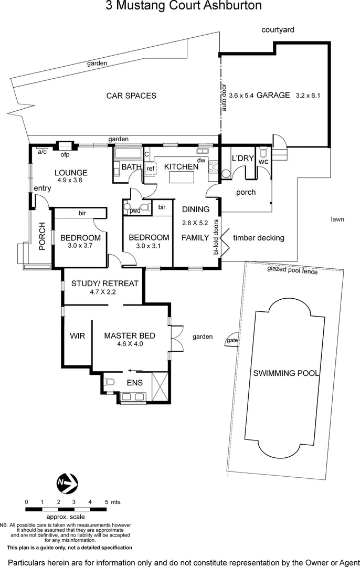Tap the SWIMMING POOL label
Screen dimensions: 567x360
point(287,373)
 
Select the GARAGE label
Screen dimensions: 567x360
point(273,95)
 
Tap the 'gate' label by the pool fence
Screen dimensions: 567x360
point(231,341)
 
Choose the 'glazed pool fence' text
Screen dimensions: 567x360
point(292,271)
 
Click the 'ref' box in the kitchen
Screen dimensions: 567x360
point(150,169)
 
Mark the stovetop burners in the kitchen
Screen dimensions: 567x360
point(214,167)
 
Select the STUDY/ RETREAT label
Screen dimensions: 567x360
point(105,283)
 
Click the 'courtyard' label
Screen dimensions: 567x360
point(278,30)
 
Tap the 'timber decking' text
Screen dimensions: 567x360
point(258,238)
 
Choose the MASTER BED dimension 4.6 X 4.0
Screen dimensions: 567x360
point(129,344)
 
